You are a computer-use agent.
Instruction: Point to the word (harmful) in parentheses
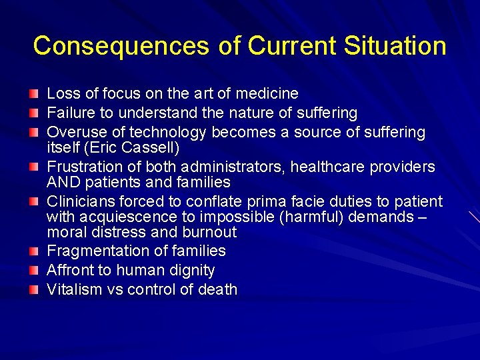316,217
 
